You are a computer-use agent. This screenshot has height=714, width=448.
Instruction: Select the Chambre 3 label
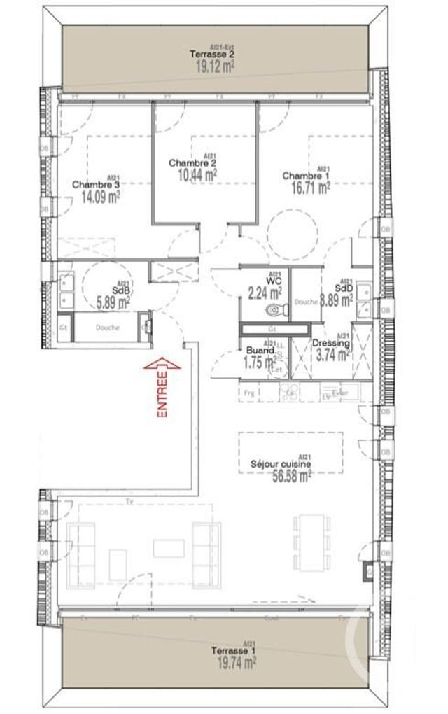pos(97,185)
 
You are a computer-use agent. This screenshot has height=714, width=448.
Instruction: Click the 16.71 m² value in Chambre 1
pos(306,187)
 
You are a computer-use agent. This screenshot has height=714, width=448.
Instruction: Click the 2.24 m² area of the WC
pos(265,292)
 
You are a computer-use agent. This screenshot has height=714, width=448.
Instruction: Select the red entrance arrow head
pos(162,363)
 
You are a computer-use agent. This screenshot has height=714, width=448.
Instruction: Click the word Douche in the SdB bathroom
pos(107,327)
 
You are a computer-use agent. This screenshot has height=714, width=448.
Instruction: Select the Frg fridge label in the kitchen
pos(250,393)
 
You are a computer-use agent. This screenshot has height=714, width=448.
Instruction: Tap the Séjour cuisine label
pos(281,463)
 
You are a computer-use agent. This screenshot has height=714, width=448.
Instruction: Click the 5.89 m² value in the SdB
pos(113,304)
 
